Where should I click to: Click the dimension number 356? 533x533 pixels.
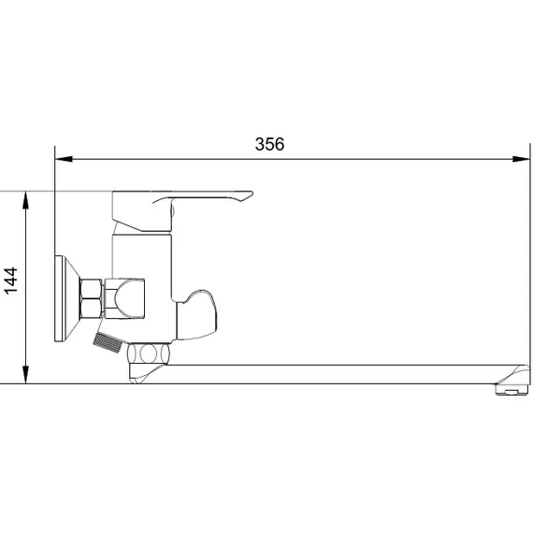coord(269,144)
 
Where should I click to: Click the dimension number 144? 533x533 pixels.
coord(12,281)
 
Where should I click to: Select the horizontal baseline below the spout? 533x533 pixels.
coord(281,383)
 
